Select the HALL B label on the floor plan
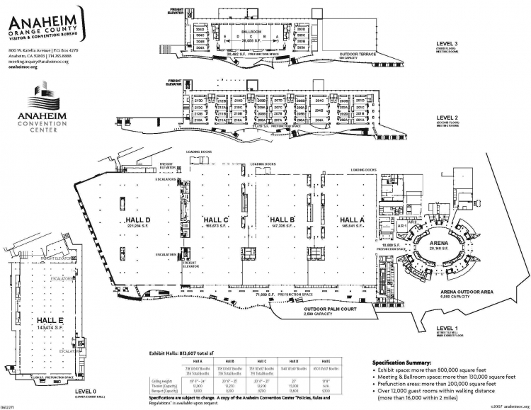click(x=282, y=219)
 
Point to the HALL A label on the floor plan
click(x=351, y=219)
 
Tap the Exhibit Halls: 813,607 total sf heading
click(x=190, y=353)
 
